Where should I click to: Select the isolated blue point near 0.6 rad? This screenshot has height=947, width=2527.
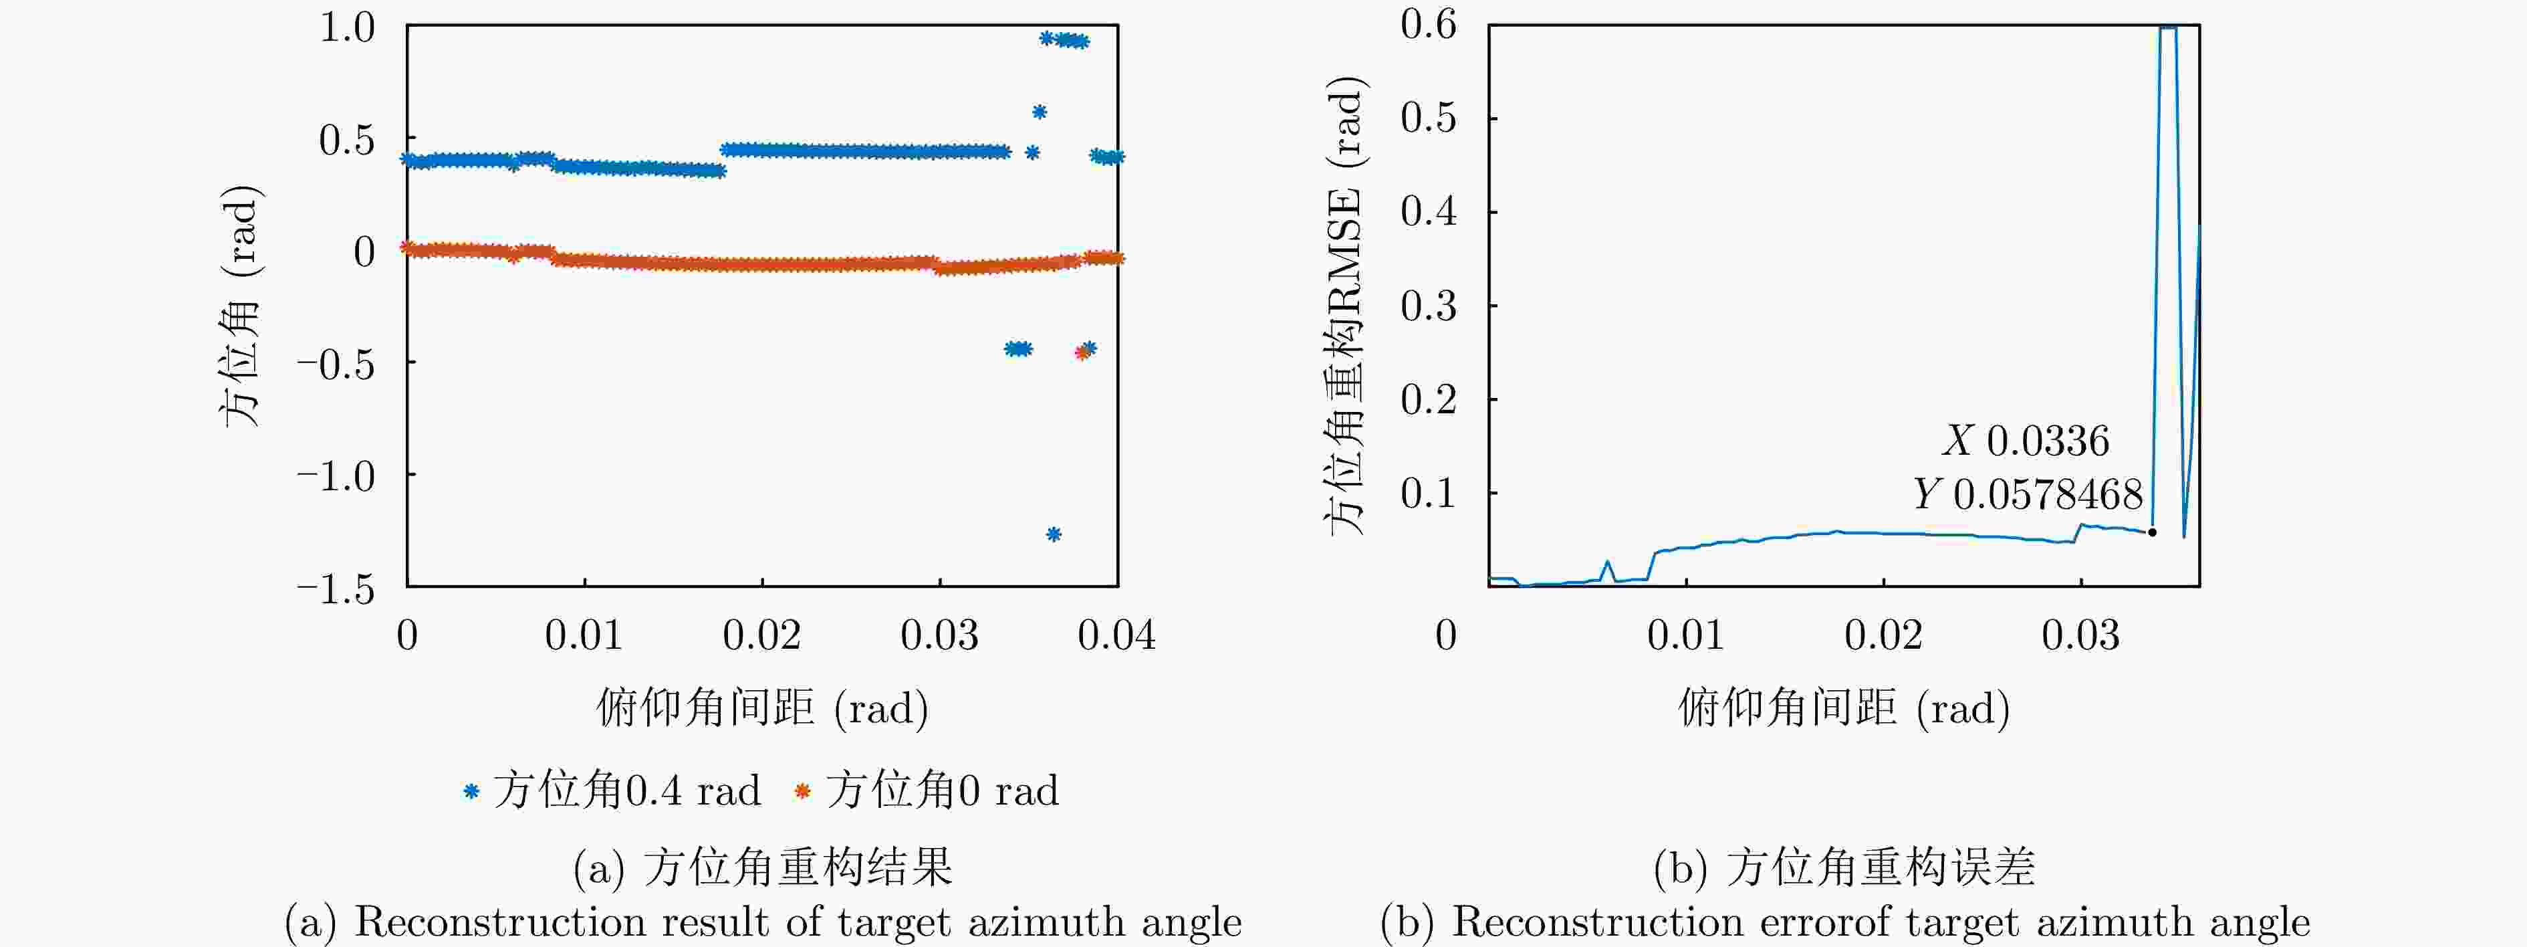point(1039,112)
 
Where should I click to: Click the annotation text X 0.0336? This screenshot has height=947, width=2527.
point(2026,441)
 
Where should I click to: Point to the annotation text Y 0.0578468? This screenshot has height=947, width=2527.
point(2028,494)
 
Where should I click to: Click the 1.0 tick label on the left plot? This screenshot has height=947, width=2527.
point(347,27)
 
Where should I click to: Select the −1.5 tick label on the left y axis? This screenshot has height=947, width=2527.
point(336,589)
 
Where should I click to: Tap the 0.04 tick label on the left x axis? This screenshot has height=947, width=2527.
point(1116,636)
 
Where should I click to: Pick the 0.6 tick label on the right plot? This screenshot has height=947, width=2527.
point(1429,25)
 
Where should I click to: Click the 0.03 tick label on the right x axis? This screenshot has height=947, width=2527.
point(2080,636)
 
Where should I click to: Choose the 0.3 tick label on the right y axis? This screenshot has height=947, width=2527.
point(1429,306)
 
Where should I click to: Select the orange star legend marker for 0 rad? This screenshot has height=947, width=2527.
point(802,791)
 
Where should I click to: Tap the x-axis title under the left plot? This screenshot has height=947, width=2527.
point(762,708)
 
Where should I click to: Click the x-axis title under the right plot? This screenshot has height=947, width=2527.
point(1843,708)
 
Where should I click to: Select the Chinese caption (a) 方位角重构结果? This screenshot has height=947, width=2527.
point(762,867)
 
